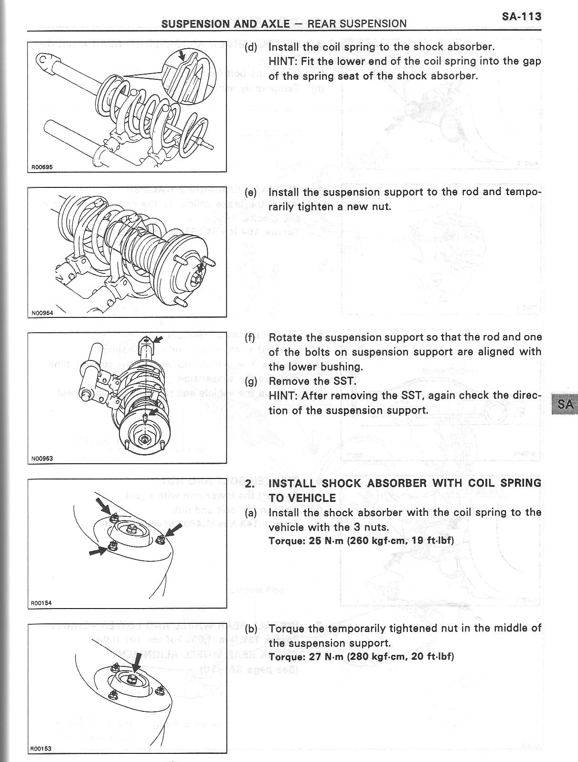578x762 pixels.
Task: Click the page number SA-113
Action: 521,17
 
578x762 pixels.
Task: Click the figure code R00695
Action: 42,167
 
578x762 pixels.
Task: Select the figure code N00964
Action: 42,313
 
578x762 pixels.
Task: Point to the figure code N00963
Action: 42,458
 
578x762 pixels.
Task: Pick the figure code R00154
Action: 41,603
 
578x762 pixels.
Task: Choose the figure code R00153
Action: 41,749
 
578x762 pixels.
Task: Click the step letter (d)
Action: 251,47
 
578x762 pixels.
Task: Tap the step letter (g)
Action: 251,381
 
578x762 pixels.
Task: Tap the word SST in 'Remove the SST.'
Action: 345,381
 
